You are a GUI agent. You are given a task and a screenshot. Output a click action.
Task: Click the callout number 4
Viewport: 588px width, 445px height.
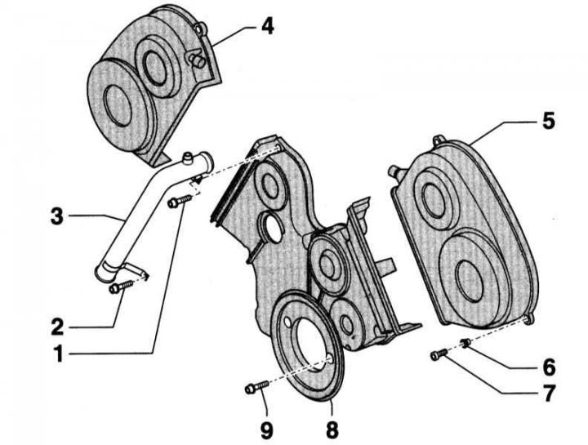pyautogui.click(x=267, y=27)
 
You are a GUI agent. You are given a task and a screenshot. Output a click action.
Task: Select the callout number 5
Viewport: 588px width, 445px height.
pyautogui.click(x=548, y=121)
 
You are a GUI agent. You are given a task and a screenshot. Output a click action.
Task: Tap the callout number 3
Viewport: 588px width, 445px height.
pyautogui.click(x=57, y=216)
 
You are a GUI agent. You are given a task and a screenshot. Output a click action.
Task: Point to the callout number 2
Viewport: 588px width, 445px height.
pyautogui.click(x=58, y=327)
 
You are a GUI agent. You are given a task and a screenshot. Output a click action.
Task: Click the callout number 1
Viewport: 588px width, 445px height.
pyautogui.click(x=59, y=354)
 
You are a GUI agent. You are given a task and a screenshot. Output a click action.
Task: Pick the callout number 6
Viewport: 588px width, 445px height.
pyautogui.click(x=549, y=367)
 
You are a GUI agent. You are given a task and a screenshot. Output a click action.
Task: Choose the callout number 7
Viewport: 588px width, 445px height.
pyautogui.click(x=549, y=394)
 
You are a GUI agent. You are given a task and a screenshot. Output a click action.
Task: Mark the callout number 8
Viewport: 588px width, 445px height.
pyautogui.click(x=332, y=429)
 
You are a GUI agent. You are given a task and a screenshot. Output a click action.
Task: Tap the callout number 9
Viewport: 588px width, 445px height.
pyautogui.click(x=266, y=430)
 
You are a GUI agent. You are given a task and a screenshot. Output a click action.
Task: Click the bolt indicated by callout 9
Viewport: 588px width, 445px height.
pyautogui.click(x=257, y=387)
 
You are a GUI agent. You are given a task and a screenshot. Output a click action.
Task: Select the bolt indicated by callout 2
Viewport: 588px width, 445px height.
pyautogui.click(x=121, y=287)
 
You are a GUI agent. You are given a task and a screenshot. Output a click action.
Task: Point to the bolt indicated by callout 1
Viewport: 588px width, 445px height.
pyautogui.click(x=180, y=201)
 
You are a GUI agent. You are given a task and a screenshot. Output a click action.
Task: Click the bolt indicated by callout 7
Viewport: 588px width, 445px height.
pyautogui.click(x=439, y=354)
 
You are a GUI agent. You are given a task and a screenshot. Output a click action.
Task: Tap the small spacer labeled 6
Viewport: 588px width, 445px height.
pyautogui.click(x=465, y=343)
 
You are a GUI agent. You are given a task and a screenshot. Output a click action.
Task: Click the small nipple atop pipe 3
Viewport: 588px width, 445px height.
pyautogui.click(x=187, y=158)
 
